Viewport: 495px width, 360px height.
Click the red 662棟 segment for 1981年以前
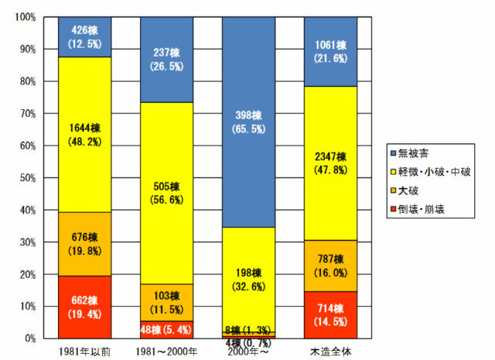pyautogui.click(x=84, y=307)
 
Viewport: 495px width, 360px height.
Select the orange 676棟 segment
pyautogui.click(x=84, y=244)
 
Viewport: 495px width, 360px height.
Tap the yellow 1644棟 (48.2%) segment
pyautogui.click(x=84, y=135)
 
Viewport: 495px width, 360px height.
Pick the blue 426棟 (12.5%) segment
pyautogui.click(x=84, y=37)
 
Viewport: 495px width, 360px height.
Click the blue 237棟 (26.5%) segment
pyautogui.click(x=166, y=60)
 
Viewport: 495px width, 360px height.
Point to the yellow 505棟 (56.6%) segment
pyautogui.click(x=166, y=193)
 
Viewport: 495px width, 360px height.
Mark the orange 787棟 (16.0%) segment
pyautogui.click(x=331, y=266)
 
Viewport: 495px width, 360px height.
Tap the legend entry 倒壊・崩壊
pyautogui.click(x=428, y=208)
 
